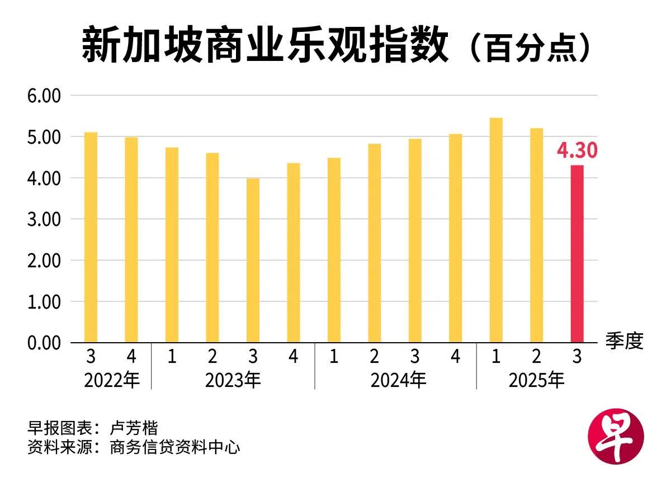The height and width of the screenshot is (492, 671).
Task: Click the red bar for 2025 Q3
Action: pyautogui.click(x=577, y=254)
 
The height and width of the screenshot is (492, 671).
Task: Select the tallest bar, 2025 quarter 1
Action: pyautogui.click(x=496, y=230)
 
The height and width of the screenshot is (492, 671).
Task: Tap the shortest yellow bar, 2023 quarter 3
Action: pyautogui.click(x=253, y=260)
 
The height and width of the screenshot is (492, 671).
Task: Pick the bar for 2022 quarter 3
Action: pyautogui.click(x=91, y=237)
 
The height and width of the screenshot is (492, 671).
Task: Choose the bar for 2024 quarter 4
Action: pyautogui.click(x=455, y=238)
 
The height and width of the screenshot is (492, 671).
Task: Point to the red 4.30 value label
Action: pyautogui.click(x=577, y=150)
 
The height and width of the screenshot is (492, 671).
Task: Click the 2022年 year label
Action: pyautogui.click(x=111, y=380)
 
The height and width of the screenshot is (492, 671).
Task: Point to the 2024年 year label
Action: pyautogui.click(x=398, y=380)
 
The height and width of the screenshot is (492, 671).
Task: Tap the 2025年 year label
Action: pyautogui.click(x=536, y=380)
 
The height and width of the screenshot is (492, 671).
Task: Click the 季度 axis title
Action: pyautogui.click(x=624, y=340)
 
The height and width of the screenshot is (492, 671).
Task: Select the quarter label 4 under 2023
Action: pyautogui.click(x=294, y=357)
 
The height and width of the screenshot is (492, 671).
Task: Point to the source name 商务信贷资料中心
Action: pyautogui.click(x=175, y=447)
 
